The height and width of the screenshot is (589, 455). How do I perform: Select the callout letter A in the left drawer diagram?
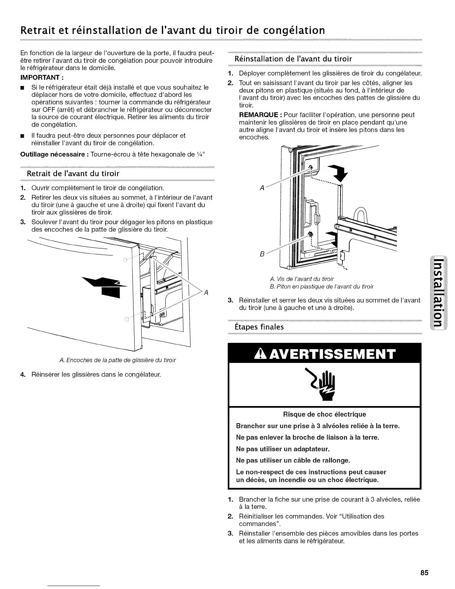[x=206, y=292]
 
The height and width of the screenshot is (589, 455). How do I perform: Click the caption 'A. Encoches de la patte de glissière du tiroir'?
[x=117, y=360]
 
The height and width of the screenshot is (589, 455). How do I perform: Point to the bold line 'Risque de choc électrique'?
[x=324, y=414]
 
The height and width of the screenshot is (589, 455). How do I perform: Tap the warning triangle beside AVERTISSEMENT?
[x=262, y=355]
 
